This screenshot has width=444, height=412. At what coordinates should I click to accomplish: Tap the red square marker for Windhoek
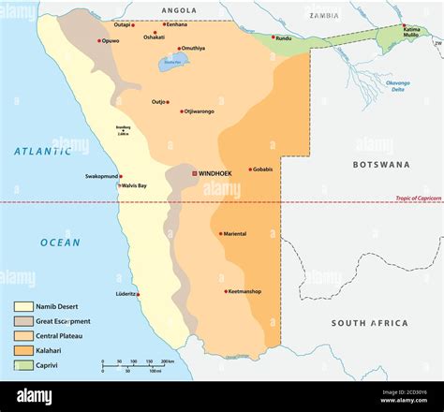[195, 173]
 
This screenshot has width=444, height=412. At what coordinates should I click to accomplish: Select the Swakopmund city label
[102, 176]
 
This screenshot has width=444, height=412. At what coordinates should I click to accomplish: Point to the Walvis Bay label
[134, 185]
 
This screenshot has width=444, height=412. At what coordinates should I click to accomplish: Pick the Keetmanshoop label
[245, 291]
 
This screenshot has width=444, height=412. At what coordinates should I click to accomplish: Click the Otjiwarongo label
[199, 111]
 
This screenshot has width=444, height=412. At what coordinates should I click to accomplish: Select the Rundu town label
[283, 38]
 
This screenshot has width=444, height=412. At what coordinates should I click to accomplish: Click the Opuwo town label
[111, 40]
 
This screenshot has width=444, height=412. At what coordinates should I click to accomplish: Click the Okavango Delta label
[398, 86]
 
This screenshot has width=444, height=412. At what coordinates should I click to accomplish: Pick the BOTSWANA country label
[381, 164]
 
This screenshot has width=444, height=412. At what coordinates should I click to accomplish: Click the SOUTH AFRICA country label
[369, 323]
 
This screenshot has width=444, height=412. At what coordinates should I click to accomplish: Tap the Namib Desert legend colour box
[23, 306]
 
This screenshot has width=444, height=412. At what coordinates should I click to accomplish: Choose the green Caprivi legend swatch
[23, 366]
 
